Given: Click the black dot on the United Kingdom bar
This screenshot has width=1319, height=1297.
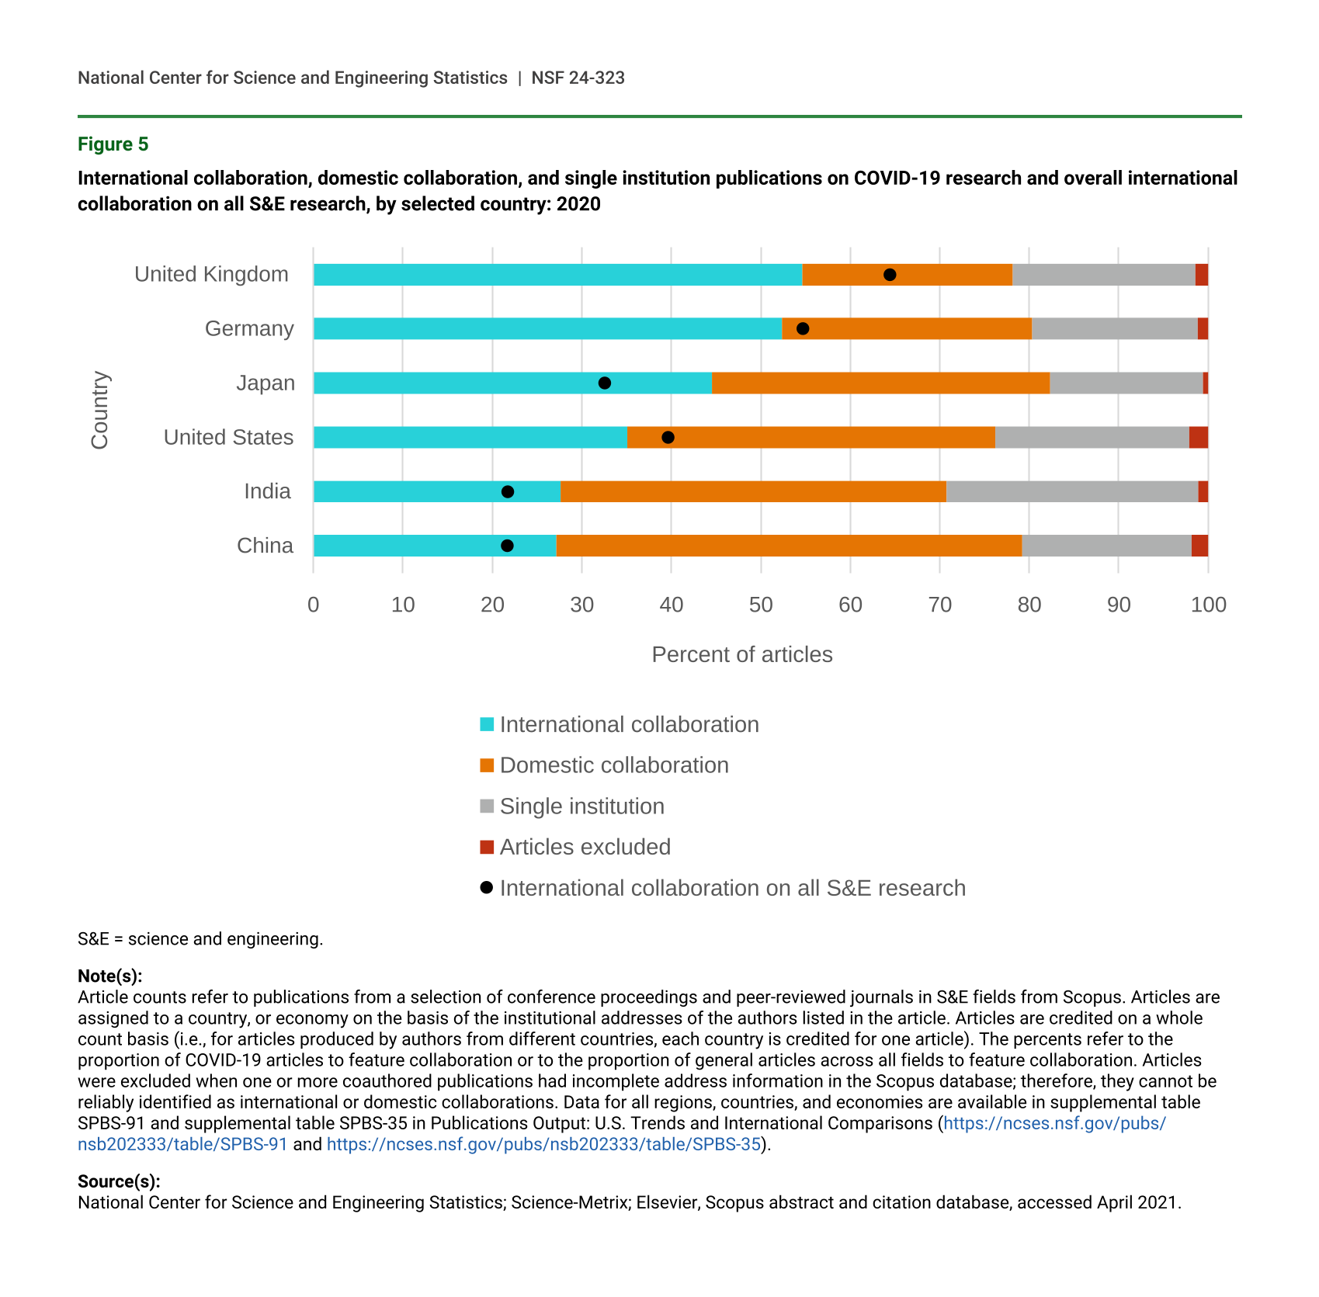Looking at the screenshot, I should [x=890, y=275].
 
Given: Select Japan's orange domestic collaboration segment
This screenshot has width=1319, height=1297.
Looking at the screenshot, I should [x=880, y=383].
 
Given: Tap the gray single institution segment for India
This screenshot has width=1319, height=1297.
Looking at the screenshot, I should [x=1072, y=492].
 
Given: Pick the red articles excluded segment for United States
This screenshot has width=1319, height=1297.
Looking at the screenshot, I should [x=1198, y=438].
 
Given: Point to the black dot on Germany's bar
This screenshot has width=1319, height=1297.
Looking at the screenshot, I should [x=803, y=329].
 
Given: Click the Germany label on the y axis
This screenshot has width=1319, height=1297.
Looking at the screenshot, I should [x=249, y=329].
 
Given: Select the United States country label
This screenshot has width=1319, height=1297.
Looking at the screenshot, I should [x=228, y=438].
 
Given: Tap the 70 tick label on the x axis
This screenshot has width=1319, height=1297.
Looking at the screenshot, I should [x=939, y=605].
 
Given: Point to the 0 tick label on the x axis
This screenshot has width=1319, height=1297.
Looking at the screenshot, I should [x=313, y=605].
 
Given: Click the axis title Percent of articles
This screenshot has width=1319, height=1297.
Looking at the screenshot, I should [x=741, y=655].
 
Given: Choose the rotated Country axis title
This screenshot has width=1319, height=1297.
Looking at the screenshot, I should [x=99, y=410].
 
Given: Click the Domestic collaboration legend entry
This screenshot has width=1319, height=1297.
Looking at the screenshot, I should [x=613, y=765].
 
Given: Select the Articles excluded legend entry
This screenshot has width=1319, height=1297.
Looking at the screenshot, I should [x=585, y=847].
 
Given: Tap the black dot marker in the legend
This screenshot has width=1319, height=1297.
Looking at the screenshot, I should [x=487, y=887].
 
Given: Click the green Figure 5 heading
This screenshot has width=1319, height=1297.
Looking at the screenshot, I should [x=113, y=144].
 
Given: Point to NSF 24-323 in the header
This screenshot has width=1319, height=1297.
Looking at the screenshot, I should [x=578, y=78].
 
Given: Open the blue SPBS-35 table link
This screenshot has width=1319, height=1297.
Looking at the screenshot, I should [x=543, y=1144].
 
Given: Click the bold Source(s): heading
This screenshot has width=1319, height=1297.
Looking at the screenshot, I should [x=119, y=1181].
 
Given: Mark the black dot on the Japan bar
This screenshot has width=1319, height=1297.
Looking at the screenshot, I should [x=605, y=383].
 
